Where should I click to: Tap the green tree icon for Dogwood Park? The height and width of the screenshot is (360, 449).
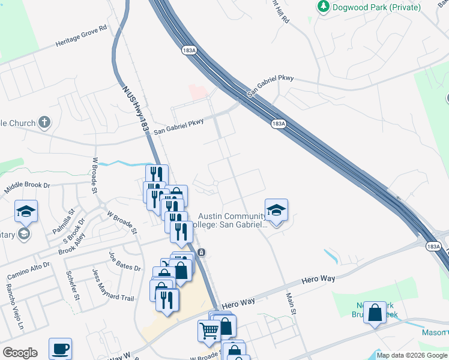pyautogui.click(x=324, y=7)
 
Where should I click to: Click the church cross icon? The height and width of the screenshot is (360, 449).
pyautogui.click(x=44, y=123)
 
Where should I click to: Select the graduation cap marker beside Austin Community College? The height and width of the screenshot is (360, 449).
pyautogui.click(x=276, y=210)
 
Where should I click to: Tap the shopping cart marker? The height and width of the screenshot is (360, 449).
pyautogui.click(x=209, y=331)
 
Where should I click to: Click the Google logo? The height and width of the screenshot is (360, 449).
pyautogui.click(x=20, y=353)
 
